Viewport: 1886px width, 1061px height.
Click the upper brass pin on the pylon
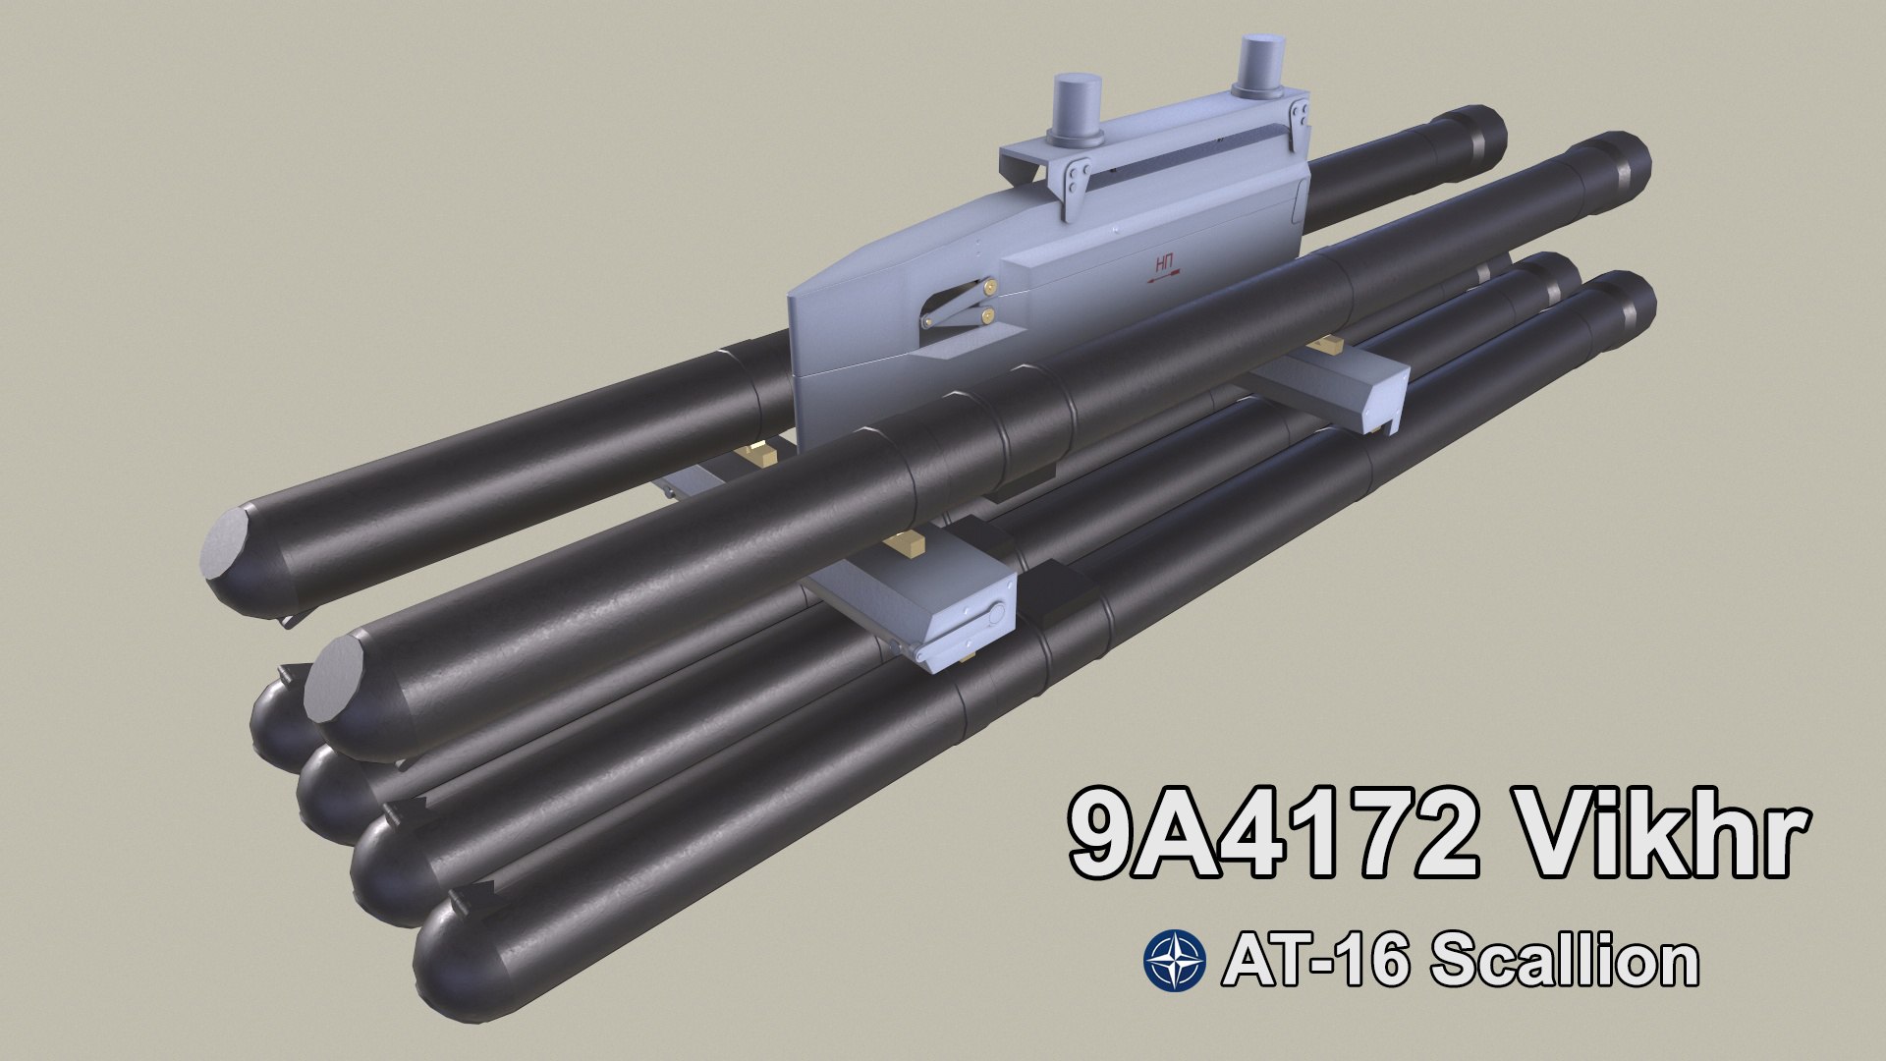click(994, 286)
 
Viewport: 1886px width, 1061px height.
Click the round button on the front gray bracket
click(997, 615)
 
